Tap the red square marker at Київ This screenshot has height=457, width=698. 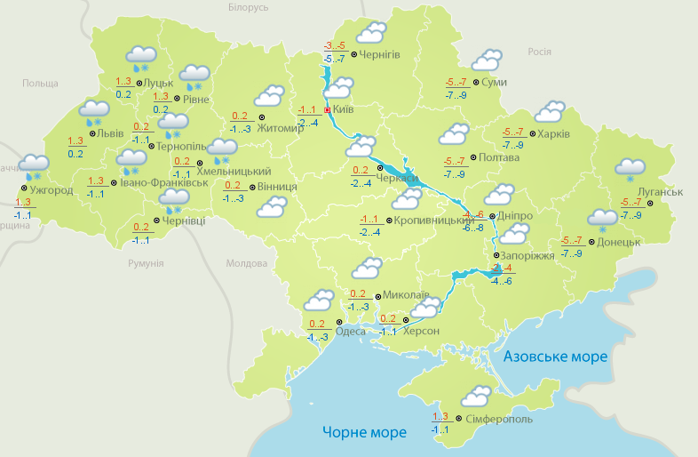pos(327,110)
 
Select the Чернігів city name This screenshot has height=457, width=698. pos(380,54)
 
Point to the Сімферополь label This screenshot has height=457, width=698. pos(498,418)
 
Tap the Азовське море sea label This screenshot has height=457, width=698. pos(555,357)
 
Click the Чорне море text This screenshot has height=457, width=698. pos(364,433)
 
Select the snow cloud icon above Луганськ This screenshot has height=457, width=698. pos(631,168)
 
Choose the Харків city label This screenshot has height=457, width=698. pos(552,134)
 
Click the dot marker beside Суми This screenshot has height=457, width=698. pos(477,83)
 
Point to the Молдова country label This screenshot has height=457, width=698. pos(246,264)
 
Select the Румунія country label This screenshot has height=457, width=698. pos(146,264)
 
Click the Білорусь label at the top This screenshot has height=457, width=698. pos(248,8)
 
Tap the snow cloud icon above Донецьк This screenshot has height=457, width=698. pos(603,219)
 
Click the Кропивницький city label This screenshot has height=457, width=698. pos(430,220)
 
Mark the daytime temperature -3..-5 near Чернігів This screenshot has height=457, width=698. pos(334,45)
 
